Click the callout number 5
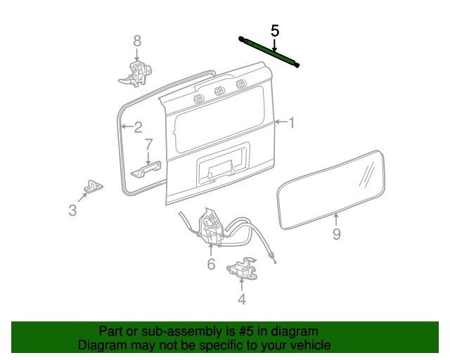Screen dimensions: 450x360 [275, 31]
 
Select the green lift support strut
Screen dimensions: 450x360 [269, 52]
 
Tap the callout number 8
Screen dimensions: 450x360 [137, 41]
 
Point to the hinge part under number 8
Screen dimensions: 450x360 [135, 74]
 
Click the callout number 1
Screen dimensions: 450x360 [292, 122]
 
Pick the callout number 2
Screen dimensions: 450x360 [138, 127]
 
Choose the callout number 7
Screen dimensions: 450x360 [148, 144]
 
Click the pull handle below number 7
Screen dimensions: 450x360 [146, 169]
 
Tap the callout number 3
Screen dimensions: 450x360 [72, 210]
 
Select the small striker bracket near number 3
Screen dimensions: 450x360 [94, 186]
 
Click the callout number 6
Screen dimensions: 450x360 [211, 264]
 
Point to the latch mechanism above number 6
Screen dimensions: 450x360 [211, 227]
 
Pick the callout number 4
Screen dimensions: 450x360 [242, 299]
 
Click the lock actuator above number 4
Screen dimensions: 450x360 [242, 269]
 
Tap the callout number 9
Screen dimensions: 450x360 [337, 234]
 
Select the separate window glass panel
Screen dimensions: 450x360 [330, 190]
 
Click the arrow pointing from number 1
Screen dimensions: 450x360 [281, 122]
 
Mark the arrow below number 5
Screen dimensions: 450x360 [275, 46]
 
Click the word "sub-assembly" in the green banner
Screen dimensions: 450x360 [181, 331]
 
